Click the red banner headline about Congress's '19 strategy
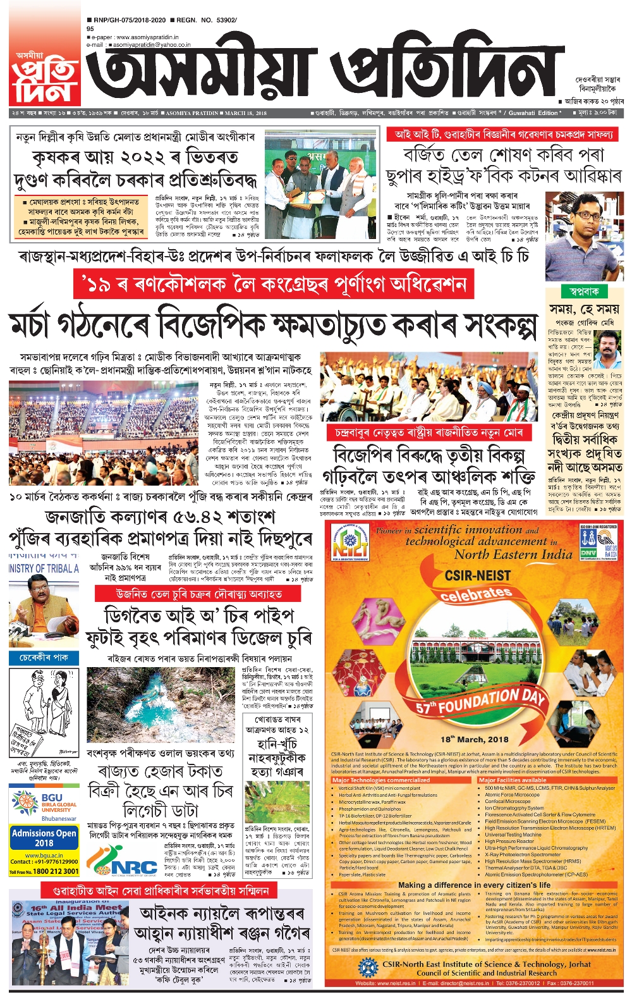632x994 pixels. [273, 285]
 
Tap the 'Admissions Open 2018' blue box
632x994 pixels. [44, 838]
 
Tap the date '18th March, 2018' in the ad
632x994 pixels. [475, 739]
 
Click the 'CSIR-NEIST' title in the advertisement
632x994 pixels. [478, 576]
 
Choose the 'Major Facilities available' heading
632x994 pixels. [513, 780]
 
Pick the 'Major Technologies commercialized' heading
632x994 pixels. [381, 780]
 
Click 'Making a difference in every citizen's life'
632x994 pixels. [474, 885]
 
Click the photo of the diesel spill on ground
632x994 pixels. [162, 705]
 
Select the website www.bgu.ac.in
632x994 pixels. [44, 855]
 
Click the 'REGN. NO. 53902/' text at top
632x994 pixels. [206, 20]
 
